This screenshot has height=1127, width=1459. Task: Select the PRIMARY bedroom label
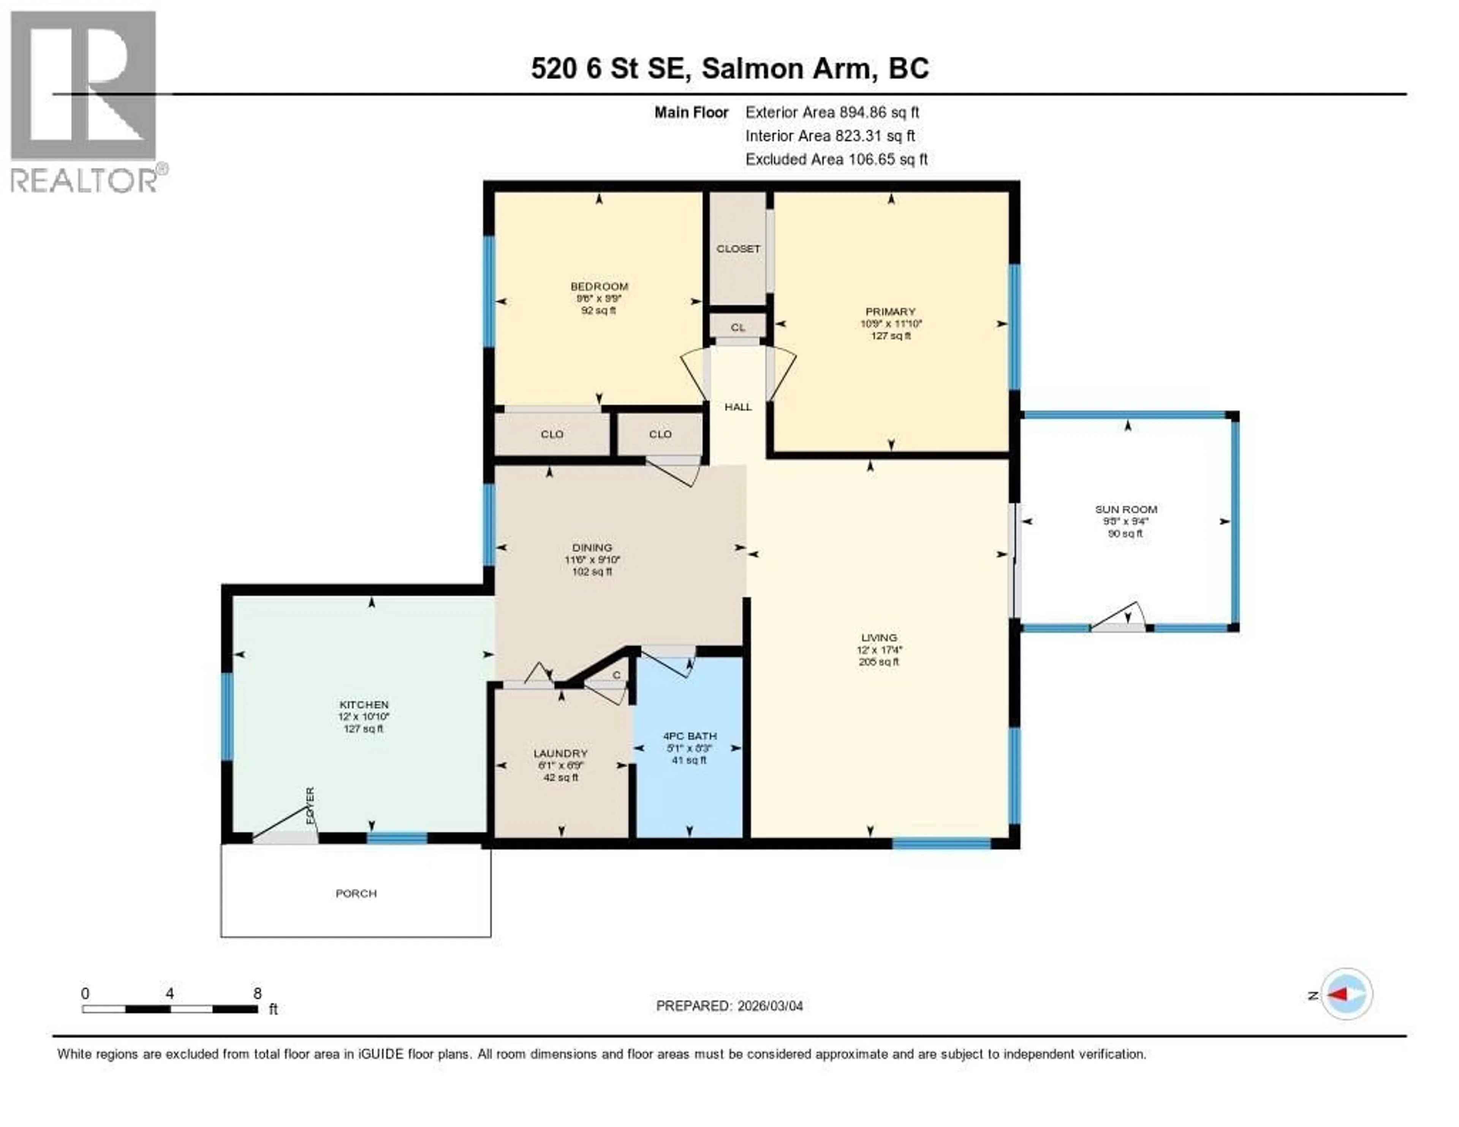[x=890, y=311]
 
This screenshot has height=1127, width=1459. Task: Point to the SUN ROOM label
[x=1126, y=509]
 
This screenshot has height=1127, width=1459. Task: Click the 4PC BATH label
[x=690, y=736]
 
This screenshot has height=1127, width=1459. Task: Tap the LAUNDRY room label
[x=560, y=753]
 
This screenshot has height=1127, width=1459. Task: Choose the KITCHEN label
[x=363, y=704]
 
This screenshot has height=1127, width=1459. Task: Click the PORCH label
[x=356, y=893]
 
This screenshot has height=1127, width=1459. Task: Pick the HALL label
[x=738, y=407]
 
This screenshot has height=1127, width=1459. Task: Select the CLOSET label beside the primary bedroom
[x=738, y=249]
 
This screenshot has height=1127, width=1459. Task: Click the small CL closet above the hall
[x=737, y=327]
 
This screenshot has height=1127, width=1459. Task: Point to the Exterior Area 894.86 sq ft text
[x=832, y=112]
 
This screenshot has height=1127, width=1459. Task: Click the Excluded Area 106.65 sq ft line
[x=836, y=159]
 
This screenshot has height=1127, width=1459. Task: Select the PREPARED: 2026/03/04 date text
[x=729, y=1005]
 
